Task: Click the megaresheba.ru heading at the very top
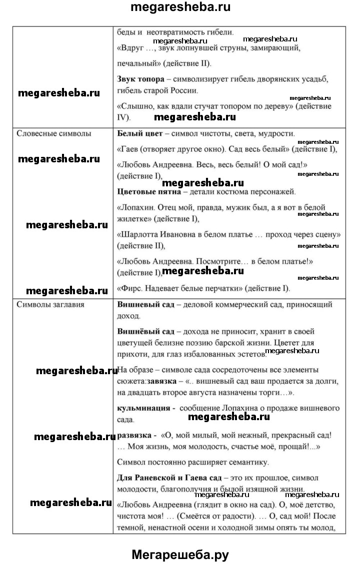tap(180, 8)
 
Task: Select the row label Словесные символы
tap(54, 134)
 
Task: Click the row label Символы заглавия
tap(50, 304)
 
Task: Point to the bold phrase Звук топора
tap(138, 79)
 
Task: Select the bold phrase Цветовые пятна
tap(146, 191)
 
